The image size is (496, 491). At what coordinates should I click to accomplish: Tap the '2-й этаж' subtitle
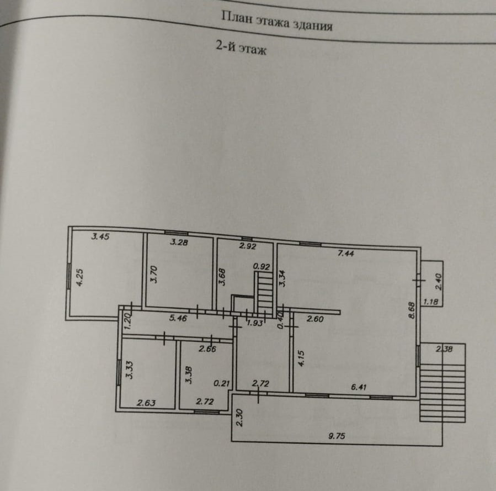point(241,49)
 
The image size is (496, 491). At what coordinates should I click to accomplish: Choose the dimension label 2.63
point(146,403)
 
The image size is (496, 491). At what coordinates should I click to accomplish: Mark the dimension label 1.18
point(430,302)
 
